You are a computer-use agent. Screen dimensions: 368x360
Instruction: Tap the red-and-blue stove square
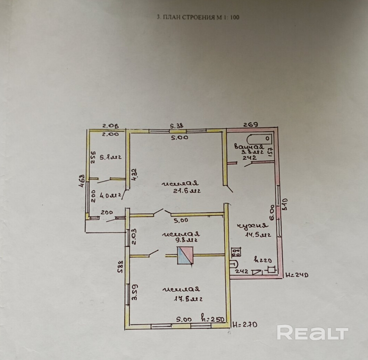[185, 255]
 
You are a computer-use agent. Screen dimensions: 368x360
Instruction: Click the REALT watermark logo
[312, 333]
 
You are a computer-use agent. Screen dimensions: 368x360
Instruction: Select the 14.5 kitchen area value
[258, 235]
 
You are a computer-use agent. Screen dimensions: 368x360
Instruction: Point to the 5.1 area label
[110, 157]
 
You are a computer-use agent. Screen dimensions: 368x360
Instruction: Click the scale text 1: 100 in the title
[230, 17]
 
